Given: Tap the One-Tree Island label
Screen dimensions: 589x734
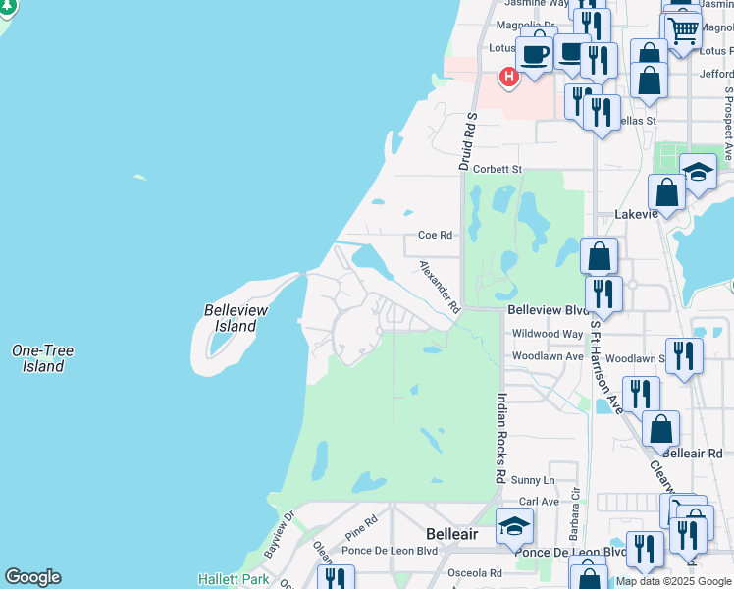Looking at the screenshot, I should coord(42,358).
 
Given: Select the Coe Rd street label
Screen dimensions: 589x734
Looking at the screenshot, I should coord(435,236).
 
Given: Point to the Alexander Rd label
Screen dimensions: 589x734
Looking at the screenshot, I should coord(440,287).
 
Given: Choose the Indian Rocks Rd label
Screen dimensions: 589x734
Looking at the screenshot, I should coord(500,438).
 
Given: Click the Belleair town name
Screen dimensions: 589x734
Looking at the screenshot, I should coord(452,534).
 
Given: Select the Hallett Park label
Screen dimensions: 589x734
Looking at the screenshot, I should coord(234,579).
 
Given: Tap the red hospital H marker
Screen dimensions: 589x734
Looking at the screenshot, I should coord(508,76).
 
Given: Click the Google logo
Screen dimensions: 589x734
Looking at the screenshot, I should coord(31,577).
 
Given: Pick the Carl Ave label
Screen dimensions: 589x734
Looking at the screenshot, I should coord(539,502).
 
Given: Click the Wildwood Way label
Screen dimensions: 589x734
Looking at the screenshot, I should coord(547,334).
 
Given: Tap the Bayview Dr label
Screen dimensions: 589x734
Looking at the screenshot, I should coord(279,534).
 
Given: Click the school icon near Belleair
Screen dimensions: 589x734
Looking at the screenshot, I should coord(514,527).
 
